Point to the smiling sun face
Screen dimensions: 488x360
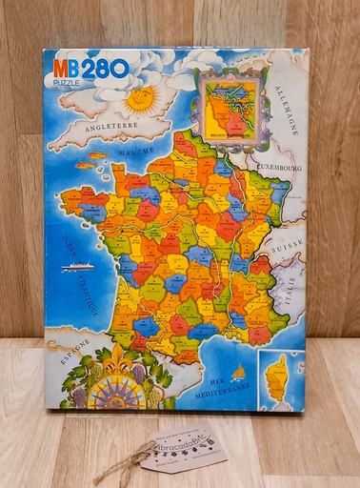(x=139, y=97)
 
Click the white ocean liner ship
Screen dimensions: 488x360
(x=77, y=268)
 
